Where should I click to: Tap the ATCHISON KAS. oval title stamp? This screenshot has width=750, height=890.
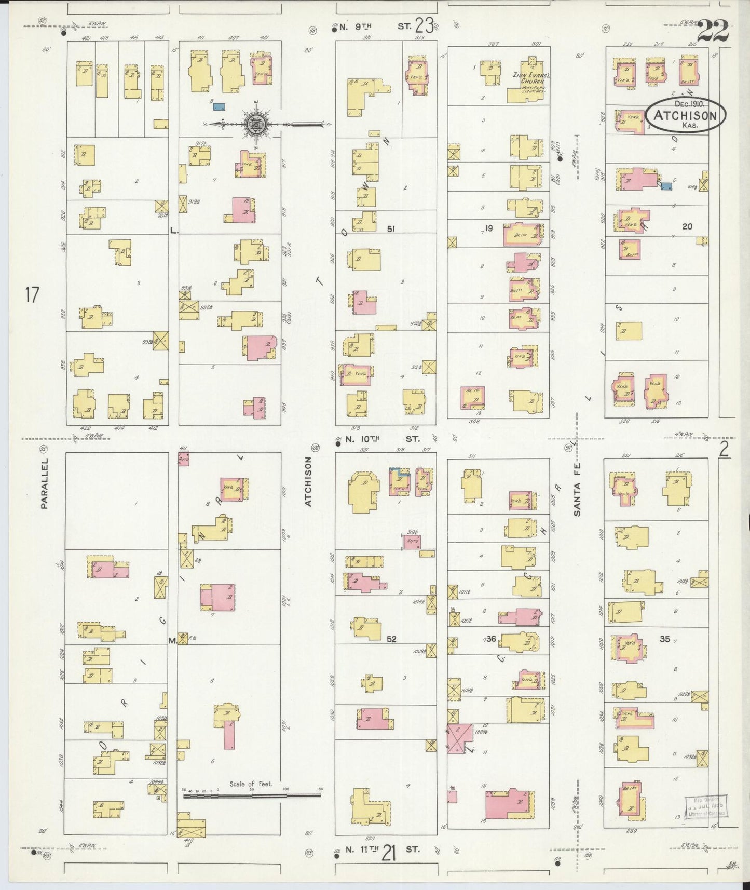click(685, 115)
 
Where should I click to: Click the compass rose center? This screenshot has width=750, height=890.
click(258, 124)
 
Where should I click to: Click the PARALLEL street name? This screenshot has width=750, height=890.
click(44, 483)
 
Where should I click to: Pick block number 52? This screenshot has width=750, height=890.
click(391, 639)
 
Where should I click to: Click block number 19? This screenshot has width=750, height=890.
click(488, 227)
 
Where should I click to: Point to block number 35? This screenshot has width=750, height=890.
click(665, 639)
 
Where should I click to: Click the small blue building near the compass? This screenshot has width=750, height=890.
click(220, 107)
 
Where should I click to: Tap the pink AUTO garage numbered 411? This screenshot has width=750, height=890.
click(183, 459)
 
